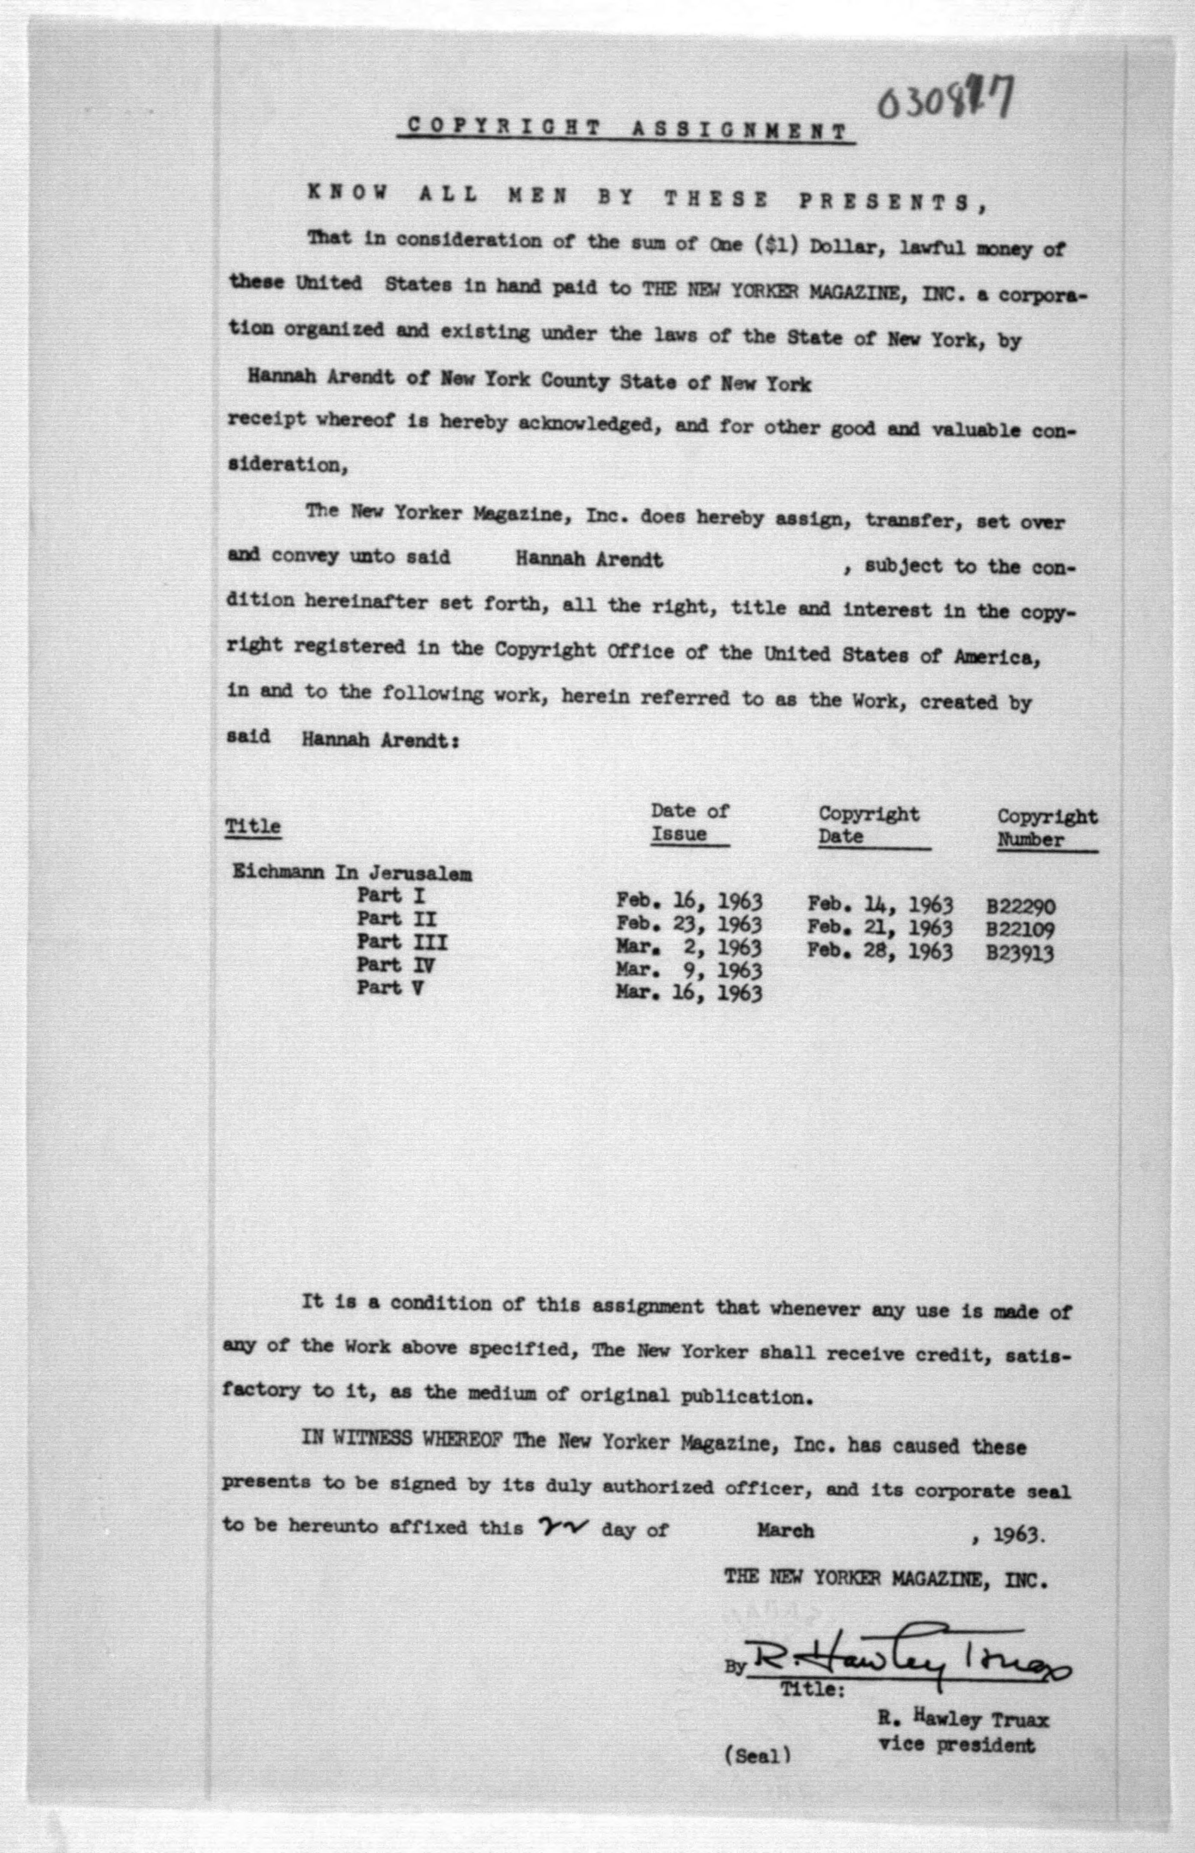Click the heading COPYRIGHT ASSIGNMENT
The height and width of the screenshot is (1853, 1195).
[x=626, y=130]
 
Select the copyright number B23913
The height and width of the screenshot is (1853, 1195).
[x=1021, y=953]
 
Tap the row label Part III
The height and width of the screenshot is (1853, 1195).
[x=402, y=942]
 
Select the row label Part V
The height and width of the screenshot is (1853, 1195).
[x=390, y=988]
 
